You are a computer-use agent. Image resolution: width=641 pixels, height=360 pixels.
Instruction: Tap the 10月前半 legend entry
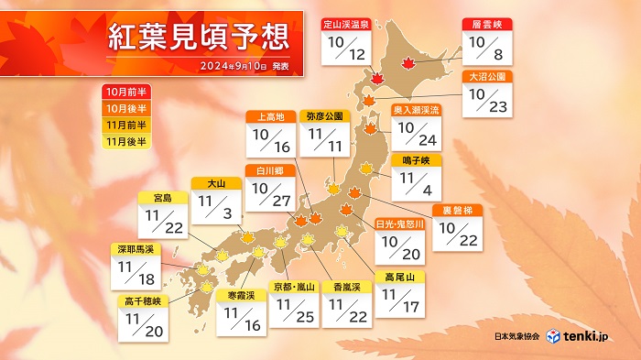(125, 93)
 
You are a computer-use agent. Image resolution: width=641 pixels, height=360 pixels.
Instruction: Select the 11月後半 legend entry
(125, 142)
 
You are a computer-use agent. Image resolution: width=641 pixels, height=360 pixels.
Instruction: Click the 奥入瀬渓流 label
(418, 110)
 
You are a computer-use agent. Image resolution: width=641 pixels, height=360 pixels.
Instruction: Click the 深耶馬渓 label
(135, 247)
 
